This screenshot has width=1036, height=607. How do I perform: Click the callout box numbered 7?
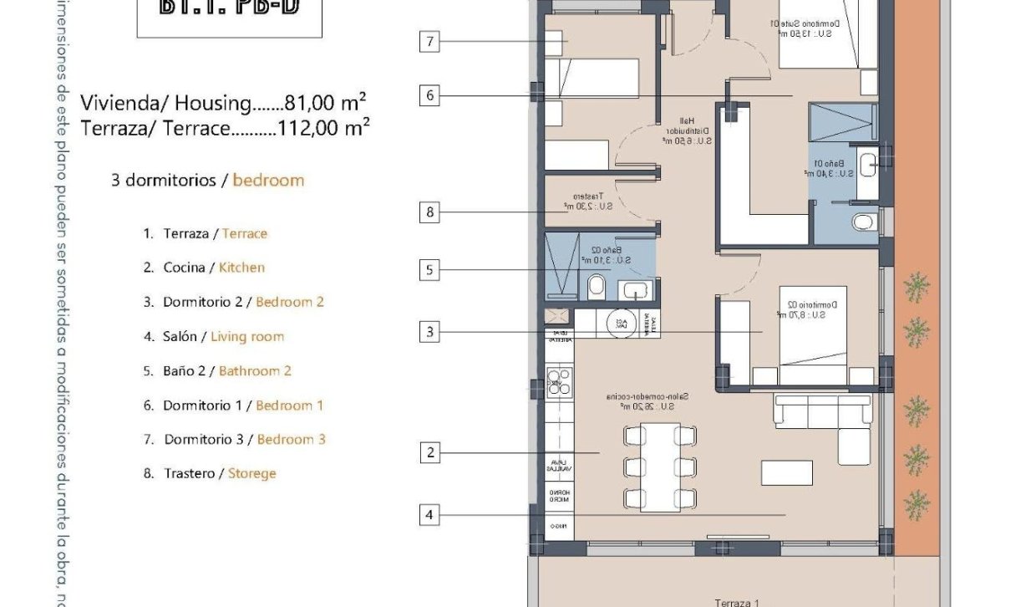coord(429,42)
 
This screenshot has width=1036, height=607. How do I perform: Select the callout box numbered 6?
coord(429,96)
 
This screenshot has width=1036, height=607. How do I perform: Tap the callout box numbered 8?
coord(429,212)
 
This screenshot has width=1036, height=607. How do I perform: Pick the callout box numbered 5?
coord(429,270)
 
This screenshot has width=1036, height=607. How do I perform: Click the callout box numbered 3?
coord(429,333)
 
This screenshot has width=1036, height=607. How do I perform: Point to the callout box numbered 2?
coord(429,453)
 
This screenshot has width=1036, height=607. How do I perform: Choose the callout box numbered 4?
coord(429,515)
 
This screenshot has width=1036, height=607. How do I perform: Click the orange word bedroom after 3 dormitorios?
coord(268,180)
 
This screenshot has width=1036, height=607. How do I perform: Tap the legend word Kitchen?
coord(241,268)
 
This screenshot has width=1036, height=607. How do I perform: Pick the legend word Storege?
coord(251,473)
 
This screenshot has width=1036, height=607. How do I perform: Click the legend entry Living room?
coord(246,337)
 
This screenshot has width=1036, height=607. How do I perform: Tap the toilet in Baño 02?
coord(597,288)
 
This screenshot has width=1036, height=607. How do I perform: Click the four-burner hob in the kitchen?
coord(558,382)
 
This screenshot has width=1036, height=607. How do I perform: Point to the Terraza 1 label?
coord(737,602)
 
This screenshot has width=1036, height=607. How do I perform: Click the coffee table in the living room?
coord(786,473)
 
